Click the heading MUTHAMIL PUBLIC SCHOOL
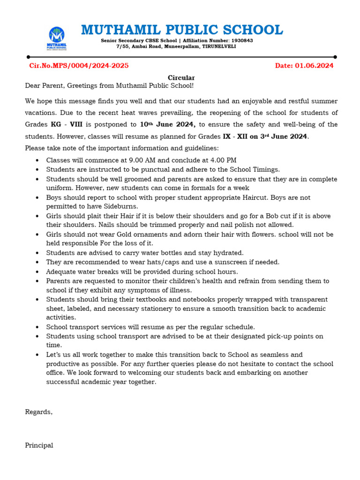click(182, 30)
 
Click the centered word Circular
click(181, 78)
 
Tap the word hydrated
click(227, 253)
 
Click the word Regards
click(38, 412)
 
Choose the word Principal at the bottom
click(39, 445)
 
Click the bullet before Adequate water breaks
click(37, 272)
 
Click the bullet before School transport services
click(37, 327)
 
